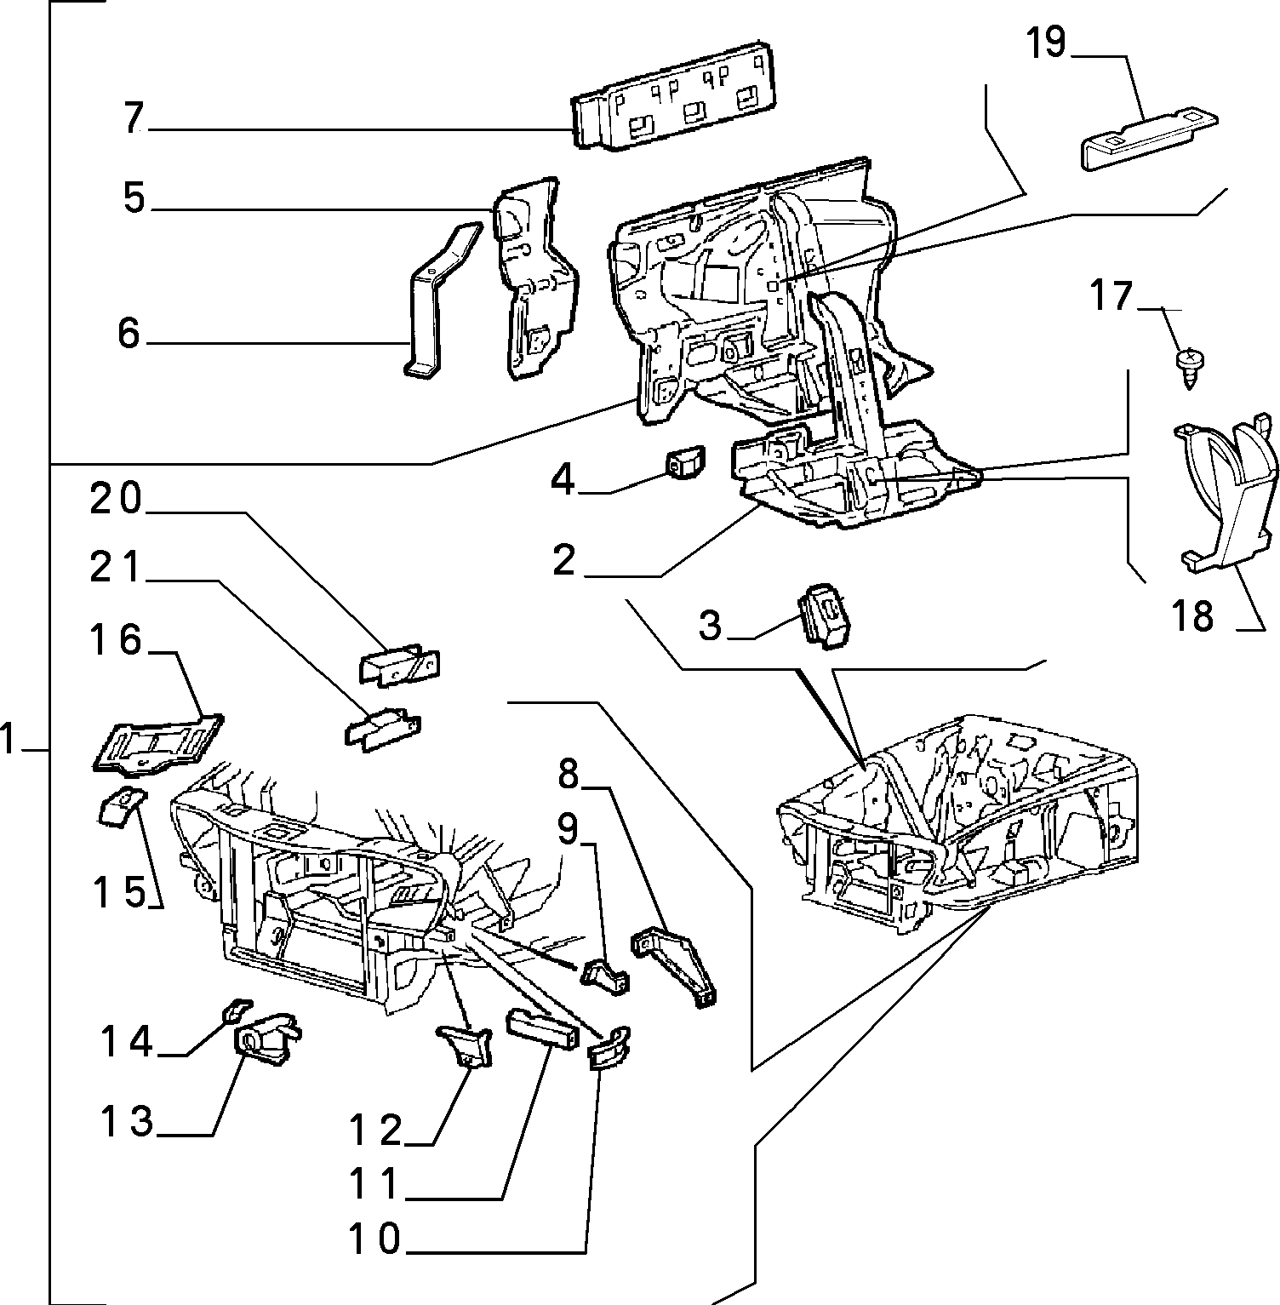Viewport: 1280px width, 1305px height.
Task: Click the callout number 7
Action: (133, 118)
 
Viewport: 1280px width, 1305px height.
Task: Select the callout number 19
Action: (1046, 43)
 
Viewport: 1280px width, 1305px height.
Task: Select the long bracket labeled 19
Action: (1149, 138)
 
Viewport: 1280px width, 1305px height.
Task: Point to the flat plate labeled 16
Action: (157, 744)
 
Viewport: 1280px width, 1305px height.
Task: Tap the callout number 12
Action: (375, 1130)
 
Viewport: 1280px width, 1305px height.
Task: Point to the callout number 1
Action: (9, 738)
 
